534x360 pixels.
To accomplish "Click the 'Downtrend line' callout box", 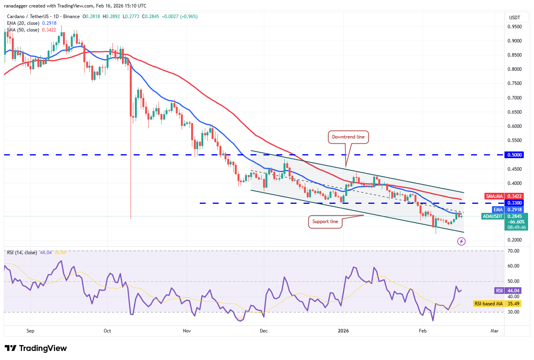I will (x=348, y=137).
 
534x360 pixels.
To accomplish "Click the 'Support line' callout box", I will (x=325, y=222).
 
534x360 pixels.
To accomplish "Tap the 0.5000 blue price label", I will (x=514, y=155).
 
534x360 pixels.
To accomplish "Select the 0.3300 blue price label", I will (x=514, y=203).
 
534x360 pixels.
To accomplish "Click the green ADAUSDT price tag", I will (x=505, y=222).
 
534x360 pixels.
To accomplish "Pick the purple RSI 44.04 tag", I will (x=508, y=291).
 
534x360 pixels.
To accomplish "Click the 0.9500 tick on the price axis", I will (x=514, y=27).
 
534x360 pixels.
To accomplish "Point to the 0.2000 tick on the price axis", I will (x=514, y=240).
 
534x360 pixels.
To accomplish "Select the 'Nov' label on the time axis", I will (x=187, y=331).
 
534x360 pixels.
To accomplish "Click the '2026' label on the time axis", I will (x=343, y=331).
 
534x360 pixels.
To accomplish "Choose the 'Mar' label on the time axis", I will (x=494, y=331).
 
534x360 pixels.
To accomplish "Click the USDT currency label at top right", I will (x=514, y=17).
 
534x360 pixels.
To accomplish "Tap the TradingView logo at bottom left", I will (x=36, y=348).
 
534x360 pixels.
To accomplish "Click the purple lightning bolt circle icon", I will (x=461, y=242).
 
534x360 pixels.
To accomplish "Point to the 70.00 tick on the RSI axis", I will (x=514, y=251).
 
